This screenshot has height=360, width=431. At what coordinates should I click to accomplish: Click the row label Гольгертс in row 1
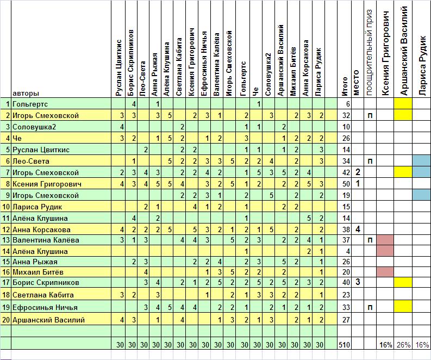tap(30, 104)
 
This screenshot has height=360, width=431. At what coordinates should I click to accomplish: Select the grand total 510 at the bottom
tap(344, 344)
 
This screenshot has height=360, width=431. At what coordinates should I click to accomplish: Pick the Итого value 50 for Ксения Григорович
tap(344, 184)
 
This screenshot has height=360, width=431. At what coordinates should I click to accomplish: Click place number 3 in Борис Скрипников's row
tap(358, 282)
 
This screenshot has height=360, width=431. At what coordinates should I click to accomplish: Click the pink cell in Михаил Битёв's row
tap(384, 271)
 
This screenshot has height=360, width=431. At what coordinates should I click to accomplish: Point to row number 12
tap(6, 229)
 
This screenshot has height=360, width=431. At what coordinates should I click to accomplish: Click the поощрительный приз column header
tap(370, 52)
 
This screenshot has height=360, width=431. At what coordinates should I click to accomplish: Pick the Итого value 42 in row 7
tap(344, 172)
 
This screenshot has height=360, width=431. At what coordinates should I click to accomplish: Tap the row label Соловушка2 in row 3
tap(33, 127)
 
